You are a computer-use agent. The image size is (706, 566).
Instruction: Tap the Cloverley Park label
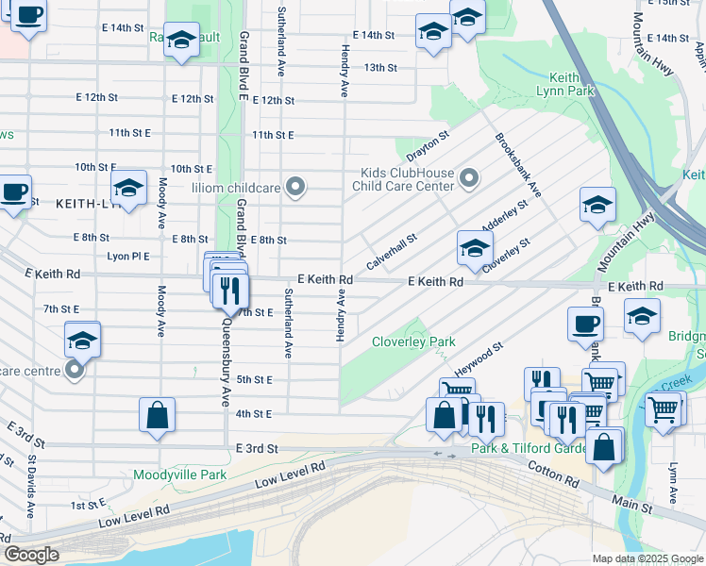[413, 341]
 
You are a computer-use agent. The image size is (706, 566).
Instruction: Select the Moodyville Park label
[179, 474]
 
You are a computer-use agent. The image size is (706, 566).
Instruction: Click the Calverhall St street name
[392, 252]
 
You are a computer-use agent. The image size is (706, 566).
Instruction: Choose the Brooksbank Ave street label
[518, 164]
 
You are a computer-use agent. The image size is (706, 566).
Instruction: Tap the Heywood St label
[479, 359]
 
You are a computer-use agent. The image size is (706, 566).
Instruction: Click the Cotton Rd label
[553, 473]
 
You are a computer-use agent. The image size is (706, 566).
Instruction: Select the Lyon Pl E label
[128, 256]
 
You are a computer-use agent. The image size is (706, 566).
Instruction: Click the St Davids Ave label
[31, 487]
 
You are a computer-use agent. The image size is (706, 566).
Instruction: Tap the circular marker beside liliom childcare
[296, 187]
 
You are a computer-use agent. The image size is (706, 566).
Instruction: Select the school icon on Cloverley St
[475, 249]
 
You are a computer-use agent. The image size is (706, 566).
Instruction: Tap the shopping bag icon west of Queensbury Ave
[157, 415]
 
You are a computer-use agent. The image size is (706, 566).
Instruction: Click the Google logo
[31, 555]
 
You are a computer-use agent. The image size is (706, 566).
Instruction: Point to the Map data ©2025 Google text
[646, 558]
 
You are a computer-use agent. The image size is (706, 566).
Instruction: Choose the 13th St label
[380, 67]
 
